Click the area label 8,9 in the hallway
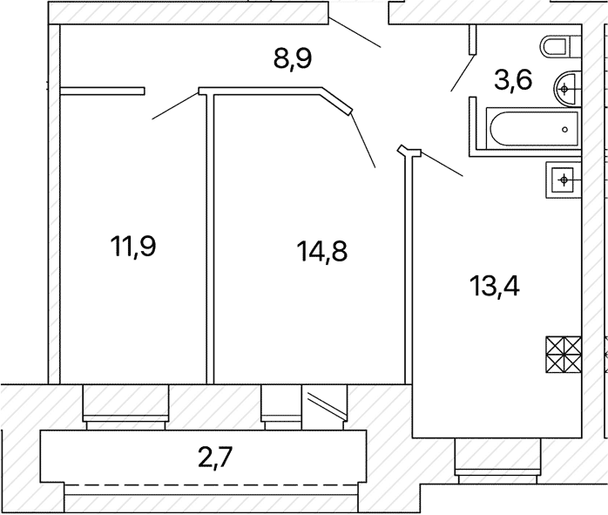tap(293, 59)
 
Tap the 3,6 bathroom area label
tap(513, 80)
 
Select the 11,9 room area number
tap(133, 247)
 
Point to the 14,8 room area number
tap(321, 251)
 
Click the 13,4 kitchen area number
tap(495, 286)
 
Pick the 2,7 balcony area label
tap(215, 457)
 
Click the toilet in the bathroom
tap(560, 46)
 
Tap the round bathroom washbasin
tap(568, 89)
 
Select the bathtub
tap(534, 129)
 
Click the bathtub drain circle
tap(565, 130)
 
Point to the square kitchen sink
tap(564, 180)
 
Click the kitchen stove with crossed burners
tap(564, 355)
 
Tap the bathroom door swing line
tap(463, 73)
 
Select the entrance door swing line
tap(355, 32)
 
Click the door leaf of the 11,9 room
tap(175, 105)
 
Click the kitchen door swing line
tap(442, 165)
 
